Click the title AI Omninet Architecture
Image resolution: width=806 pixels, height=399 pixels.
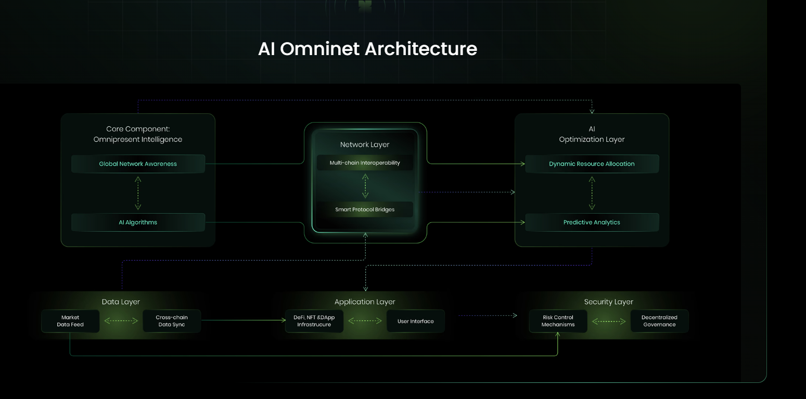click(367, 49)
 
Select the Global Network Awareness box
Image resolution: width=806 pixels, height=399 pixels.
click(138, 164)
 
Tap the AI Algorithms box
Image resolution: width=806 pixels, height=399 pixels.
click(138, 222)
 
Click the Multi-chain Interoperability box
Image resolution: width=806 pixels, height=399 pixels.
click(365, 163)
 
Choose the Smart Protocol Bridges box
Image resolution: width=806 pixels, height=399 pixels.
click(365, 209)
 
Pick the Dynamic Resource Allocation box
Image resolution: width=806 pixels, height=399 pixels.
click(592, 164)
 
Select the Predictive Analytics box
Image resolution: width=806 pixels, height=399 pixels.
click(592, 222)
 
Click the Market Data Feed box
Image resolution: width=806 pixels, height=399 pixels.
click(70, 321)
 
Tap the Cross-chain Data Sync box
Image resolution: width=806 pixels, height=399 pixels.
click(172, 321)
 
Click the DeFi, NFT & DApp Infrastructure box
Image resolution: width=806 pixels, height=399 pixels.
click(314, 321)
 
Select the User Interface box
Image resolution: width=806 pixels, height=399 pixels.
click(415, 321)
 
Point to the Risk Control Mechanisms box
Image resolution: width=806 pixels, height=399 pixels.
click(558, 321)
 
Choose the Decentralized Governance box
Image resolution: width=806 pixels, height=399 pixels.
click(659, 321)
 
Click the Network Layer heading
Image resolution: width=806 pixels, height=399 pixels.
click(365, 144)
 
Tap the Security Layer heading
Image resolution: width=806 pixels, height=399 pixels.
click(608, 302)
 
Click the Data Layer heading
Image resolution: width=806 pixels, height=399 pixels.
click(121, 302)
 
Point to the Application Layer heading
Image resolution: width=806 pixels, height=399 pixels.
click(365, 302)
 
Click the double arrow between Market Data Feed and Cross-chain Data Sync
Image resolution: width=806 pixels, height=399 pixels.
click(121, 321)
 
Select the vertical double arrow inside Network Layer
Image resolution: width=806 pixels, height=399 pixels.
click(365, 186)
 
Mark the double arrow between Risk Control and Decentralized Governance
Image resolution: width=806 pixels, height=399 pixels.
click(609, 322)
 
